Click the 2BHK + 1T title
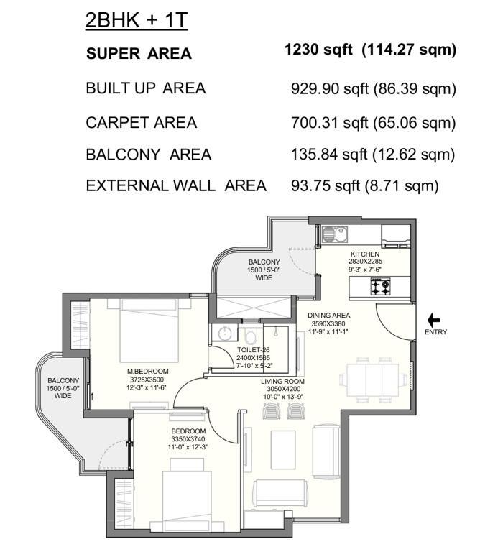point(137,20)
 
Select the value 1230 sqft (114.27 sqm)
point(370,50)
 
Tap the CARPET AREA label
point(141,122)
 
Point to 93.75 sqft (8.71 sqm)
point(364,185)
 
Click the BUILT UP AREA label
point(146,88)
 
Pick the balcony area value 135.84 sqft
point(329,155)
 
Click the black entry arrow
point(433,321)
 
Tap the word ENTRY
point(435,332)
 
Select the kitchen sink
point(334,234)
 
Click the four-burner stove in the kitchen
point(380,286)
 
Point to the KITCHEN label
point(365,254)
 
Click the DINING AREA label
point(329,316)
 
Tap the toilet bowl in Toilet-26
point(250,337)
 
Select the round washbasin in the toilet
point(224,333)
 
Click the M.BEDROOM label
point(147,371)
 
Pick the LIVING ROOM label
point(282,381)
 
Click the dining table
point(373,380)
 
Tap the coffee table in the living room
point(283,449)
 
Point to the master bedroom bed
point(148,331)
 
